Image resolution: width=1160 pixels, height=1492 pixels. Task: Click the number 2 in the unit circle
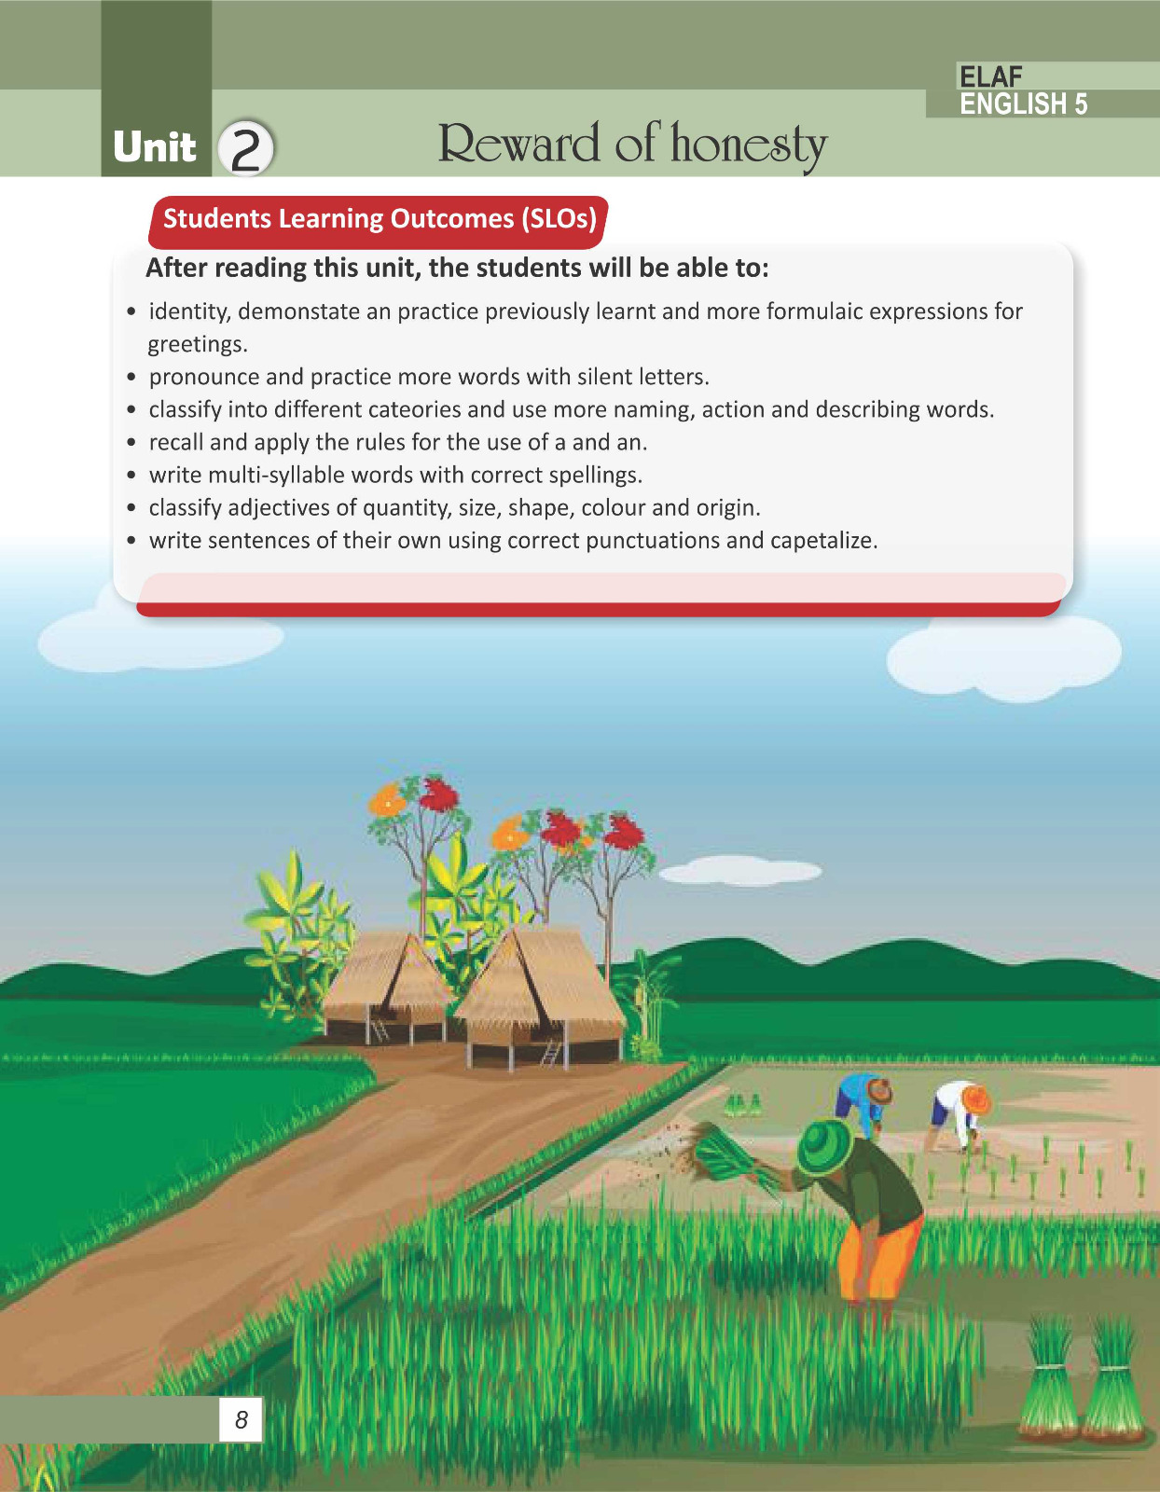tap(245, 149)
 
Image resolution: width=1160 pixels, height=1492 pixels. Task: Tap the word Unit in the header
tap(155, 147)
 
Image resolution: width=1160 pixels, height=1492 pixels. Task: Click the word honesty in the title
tap(749, 145)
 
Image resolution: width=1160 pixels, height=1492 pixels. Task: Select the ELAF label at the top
tap(990, 76)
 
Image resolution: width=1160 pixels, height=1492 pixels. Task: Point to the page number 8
tap(241, 1419)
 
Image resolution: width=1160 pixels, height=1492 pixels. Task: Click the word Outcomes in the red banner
tap(451, 219)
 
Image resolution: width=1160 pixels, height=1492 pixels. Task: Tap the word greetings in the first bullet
tap(198, 345)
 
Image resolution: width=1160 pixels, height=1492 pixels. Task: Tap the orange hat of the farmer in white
tap(976, 1099)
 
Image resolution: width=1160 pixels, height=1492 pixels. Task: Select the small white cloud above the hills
tap(740, 871)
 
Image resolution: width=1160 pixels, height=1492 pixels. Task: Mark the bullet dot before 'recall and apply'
tap(131, 443)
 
